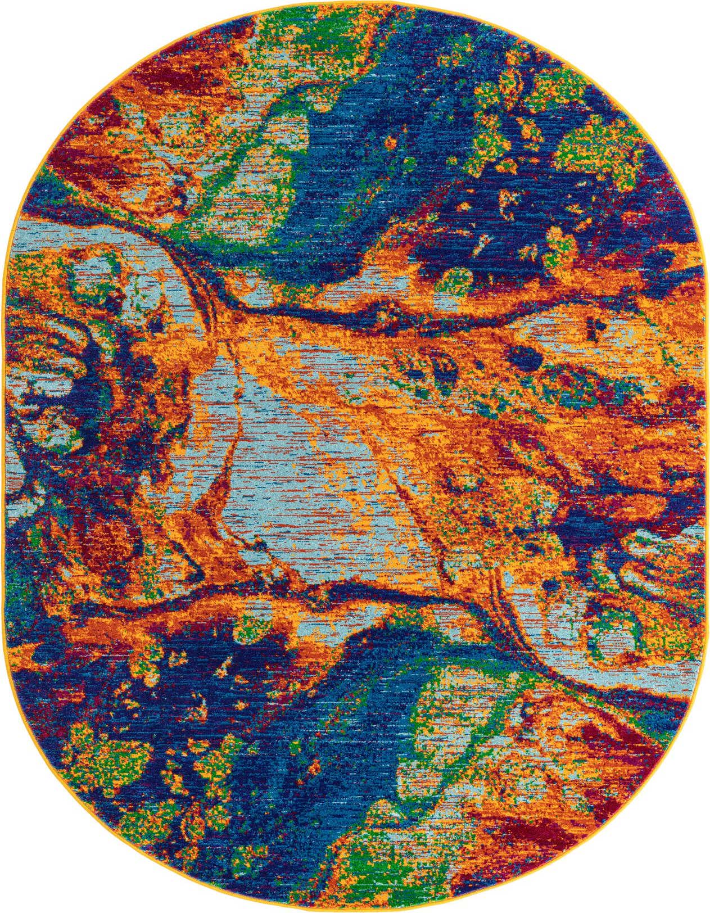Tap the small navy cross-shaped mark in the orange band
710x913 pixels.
[x=595, y=326]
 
